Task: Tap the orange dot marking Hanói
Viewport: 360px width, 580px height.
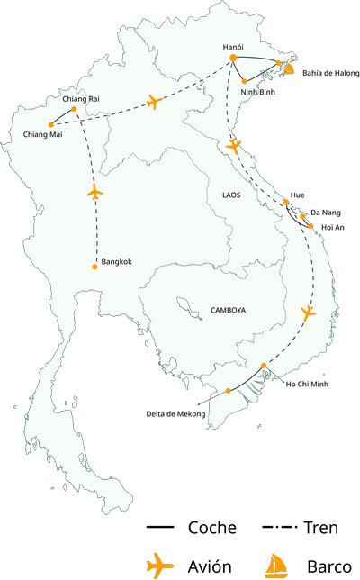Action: click(233, 59)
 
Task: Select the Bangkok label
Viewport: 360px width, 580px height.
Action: click(117, 262)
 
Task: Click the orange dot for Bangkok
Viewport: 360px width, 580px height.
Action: click(94, 267)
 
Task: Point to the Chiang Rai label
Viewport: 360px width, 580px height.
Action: click(81, 98)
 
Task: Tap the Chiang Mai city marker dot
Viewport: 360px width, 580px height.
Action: click(49, 124)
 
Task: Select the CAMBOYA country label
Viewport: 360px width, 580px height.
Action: click(228, 310)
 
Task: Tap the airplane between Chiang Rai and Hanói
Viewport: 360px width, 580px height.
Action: click(154, 101)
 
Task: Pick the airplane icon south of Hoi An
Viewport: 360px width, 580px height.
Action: click(308, 313)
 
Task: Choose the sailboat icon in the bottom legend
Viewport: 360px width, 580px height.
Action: click(274, 566)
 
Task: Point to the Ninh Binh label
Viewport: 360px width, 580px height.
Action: click(257, 91)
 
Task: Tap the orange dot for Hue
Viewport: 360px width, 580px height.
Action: click(287, 203)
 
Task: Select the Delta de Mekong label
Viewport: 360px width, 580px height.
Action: click(177, 414)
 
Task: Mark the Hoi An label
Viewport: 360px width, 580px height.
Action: click(332, 228)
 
